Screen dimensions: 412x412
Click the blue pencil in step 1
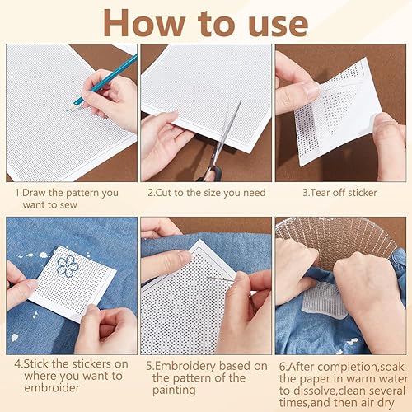click(101, 83)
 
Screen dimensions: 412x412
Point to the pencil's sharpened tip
click(68, 110)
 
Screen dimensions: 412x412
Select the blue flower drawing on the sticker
click(68, 266)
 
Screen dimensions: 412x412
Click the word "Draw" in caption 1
click(34, 193)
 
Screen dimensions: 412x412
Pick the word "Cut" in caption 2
click(163, 193)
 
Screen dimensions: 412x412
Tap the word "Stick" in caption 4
click(36, 364)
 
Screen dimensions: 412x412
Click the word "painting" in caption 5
click(174, 391)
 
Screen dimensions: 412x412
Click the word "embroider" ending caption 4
click(52, 388)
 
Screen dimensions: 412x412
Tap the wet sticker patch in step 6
click(324, 299)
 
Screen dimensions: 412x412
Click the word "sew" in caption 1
click(68, 205)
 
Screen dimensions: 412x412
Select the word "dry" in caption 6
click(386, 404)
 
